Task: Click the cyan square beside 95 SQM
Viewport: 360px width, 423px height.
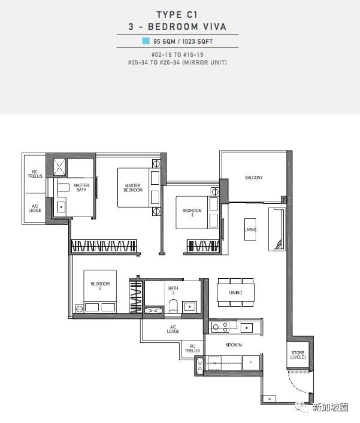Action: click(146, 41)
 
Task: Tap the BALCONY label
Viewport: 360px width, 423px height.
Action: click(254, 178)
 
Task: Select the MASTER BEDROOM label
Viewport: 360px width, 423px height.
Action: click(133, 188)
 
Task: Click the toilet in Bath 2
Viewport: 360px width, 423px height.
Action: click(173, 306)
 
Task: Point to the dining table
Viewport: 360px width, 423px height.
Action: click(235, 293)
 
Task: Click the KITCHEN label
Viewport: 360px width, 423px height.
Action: click(234, 345)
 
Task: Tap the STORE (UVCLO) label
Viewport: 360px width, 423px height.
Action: click(298, 355)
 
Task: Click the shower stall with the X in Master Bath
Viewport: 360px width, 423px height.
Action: click(59, 167)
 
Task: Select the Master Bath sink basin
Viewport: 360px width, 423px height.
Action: click(61, 207)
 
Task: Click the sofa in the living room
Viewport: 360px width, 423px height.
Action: click(277, 229)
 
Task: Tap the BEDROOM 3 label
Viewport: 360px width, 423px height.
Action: click(192, 212)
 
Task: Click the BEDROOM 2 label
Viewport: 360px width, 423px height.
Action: click(100, 285)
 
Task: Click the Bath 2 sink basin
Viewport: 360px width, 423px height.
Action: click(190, 307)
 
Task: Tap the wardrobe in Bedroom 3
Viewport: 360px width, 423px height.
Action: click(203, 246)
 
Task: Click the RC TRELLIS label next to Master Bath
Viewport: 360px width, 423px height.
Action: click(35, 174)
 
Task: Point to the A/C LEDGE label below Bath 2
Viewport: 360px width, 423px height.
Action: click(173, 329)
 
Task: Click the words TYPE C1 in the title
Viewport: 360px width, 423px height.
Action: click(177, 14)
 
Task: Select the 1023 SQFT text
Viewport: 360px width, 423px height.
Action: click(198, 41)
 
